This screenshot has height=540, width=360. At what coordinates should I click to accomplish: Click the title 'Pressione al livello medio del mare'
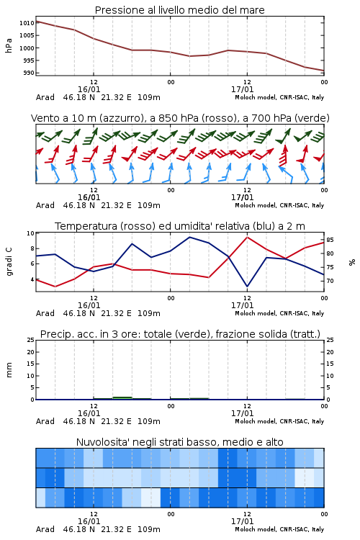pyautogui.click(x=179, y=10)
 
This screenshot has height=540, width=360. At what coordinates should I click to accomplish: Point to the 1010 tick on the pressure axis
pyautogui.click(x=27, y=23)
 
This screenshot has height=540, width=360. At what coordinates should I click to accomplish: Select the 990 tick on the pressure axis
pyautogui.click(x=29, y=73)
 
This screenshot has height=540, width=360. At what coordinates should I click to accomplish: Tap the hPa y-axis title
pyautogui.click(x=9, y=45)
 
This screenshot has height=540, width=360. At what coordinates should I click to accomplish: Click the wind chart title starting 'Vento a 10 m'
pyautogui.click(x=180, y=118)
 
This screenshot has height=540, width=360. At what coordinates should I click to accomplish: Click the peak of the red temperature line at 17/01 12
pyautogui.click(x=247, y=237)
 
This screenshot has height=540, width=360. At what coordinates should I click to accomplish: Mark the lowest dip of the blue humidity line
pyautogui.click(x=247, y=286)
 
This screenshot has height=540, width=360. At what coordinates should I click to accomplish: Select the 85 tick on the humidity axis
pyautogui.click(x=330, y=240)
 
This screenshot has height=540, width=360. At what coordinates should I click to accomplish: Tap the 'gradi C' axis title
pyautogui.click(x=9, y=262)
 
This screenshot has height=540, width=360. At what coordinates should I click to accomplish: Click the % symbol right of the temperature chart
pyautogui.click(x=352, y=262)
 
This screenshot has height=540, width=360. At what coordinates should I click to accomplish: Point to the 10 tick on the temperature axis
pyautogui.click(x=31, y=233)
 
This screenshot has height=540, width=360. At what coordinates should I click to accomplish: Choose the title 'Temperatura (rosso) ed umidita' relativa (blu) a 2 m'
pyautogui.click(x=179, y=226)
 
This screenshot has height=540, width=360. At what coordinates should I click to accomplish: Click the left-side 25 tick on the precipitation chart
pyautogui.click(x=31, y=340)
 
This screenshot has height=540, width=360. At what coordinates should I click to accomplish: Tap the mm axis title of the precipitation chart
pyautogui.click(x=9, y=370)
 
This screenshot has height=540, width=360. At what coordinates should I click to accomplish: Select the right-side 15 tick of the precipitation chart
pyautogui.click(x=330, y=364)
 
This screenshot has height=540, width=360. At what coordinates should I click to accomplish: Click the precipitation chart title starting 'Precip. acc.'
pyautogui.click(x=180, y=334)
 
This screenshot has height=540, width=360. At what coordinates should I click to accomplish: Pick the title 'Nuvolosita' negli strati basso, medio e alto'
pyautogui.click(x=179, y=442)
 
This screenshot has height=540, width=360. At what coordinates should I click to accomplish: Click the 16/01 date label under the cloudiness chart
pyautogui.click(x=89, y=521)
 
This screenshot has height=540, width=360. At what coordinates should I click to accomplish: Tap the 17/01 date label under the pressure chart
pyautogui.click(x=242, y=89)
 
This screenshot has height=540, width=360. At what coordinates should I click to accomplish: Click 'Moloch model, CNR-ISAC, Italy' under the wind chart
pyautogui.click(x=279, y=205)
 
